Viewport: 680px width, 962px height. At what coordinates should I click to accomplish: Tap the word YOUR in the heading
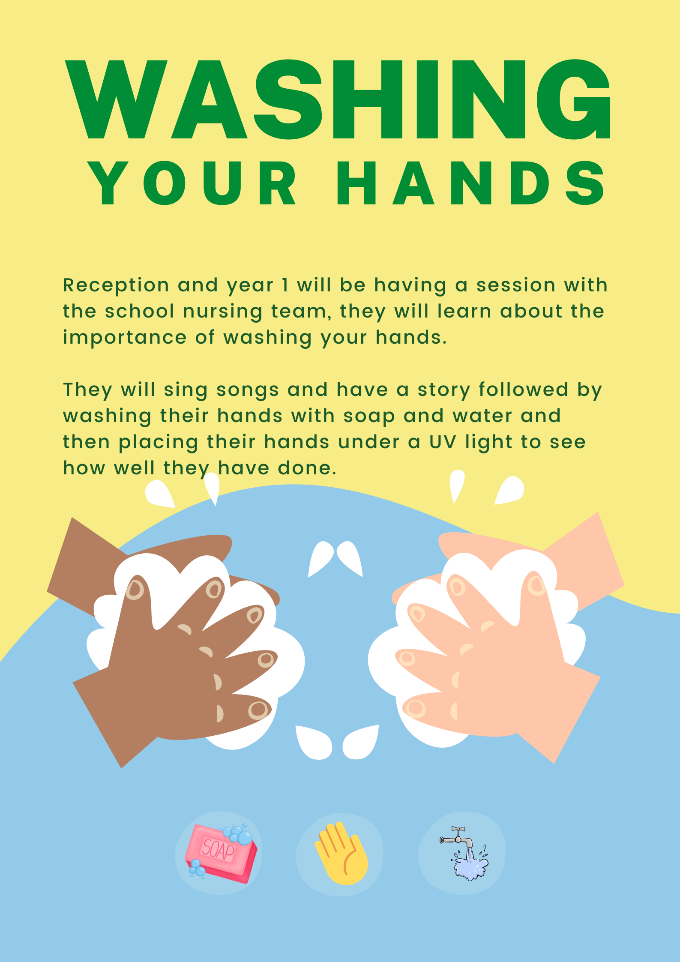[192, 183]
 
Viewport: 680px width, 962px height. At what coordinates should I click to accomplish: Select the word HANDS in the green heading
[471, 183]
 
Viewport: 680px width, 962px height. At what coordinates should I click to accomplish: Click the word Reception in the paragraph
[116, 285]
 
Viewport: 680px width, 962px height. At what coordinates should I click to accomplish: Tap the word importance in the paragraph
[125, 338]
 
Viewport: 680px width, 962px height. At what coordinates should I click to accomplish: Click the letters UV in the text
[443, 442]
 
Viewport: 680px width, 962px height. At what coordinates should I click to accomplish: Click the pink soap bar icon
[219, 853]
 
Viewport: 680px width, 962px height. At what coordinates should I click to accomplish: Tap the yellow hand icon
[341, 854]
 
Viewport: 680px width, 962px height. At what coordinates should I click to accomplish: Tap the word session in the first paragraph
[516, 285]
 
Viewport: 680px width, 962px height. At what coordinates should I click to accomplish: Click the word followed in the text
[524, 390]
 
